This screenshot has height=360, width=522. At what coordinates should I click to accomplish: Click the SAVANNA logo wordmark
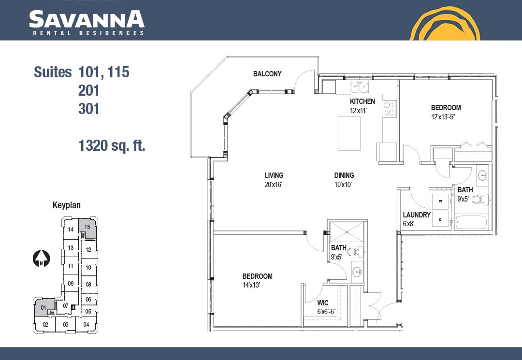[x=87, y=19]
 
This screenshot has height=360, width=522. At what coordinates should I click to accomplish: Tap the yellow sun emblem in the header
[x=445, y=23]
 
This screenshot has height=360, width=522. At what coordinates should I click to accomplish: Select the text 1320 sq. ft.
[x=112, y=146]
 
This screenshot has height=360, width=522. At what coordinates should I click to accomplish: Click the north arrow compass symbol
[x=41, y=258]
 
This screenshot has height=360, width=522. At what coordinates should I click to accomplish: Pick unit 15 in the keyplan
[x=87, y=228]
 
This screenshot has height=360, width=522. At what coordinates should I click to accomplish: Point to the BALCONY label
[x=267, y=74]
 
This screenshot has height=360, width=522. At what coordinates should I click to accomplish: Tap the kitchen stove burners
[x=389, y=109]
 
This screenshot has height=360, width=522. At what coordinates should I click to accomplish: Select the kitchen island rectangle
[x=349, y=133]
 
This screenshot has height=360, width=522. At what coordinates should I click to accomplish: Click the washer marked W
[x=440, y=202]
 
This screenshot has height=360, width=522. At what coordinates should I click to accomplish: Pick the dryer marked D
[x=440, y=219]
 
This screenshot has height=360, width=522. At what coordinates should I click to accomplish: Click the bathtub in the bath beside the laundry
[x=471, y=222]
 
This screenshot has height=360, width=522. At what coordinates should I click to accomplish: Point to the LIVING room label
[x=274, y=175]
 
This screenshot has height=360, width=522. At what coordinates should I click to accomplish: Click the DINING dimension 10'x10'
[x=343, y=184]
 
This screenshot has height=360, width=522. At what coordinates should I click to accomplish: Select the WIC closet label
[x=322, y=303]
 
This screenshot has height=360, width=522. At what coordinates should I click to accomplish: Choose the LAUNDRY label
[x=417, y=215]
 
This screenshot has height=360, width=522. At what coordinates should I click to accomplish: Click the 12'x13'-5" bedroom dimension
[x=443, y=117]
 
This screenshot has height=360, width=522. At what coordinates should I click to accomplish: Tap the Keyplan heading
[x=67, y=205]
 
